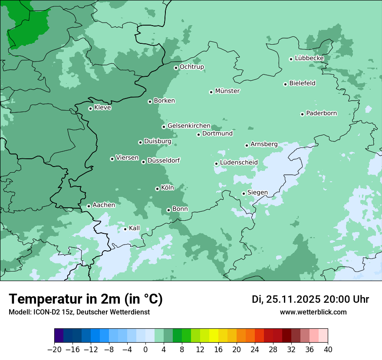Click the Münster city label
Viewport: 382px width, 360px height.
click(227, 91)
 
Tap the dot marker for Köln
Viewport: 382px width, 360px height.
click(157, 189)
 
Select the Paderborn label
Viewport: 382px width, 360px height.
click(321, 113)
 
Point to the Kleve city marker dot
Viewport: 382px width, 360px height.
click(90, 108)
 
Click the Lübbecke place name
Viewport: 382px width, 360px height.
click(309, 58)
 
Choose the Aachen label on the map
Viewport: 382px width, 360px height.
click(104, 205)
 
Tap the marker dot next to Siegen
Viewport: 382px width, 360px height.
click(244, 193)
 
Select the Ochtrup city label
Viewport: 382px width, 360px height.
click(191, 67)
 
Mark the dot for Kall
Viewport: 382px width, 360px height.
click(125, 229)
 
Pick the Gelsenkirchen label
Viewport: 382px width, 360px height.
click(189, 126)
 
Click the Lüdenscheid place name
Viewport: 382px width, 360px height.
click(239, 163)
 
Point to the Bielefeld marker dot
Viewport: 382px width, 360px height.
click(285, 84)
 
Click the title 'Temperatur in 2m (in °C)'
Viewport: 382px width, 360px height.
click(86, 299)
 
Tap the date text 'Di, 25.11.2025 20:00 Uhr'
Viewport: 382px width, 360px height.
click(310, 299)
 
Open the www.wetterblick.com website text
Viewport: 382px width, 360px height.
click(313, 312)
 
